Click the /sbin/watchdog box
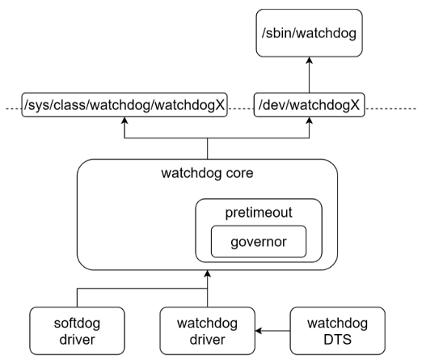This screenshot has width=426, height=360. point(310,34)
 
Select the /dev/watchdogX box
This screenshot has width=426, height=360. point(310,106)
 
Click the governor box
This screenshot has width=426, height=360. point(259,241)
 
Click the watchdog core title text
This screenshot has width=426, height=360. point(208,173)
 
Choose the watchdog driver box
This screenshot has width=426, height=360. point(208,329)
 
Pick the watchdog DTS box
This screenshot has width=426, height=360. point(336,329)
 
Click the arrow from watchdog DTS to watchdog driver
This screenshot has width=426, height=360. point(275,329)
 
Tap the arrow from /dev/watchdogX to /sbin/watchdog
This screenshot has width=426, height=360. point(310,77)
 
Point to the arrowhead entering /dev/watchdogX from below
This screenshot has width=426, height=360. point(310,121)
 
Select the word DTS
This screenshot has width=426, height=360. point(336,338)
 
